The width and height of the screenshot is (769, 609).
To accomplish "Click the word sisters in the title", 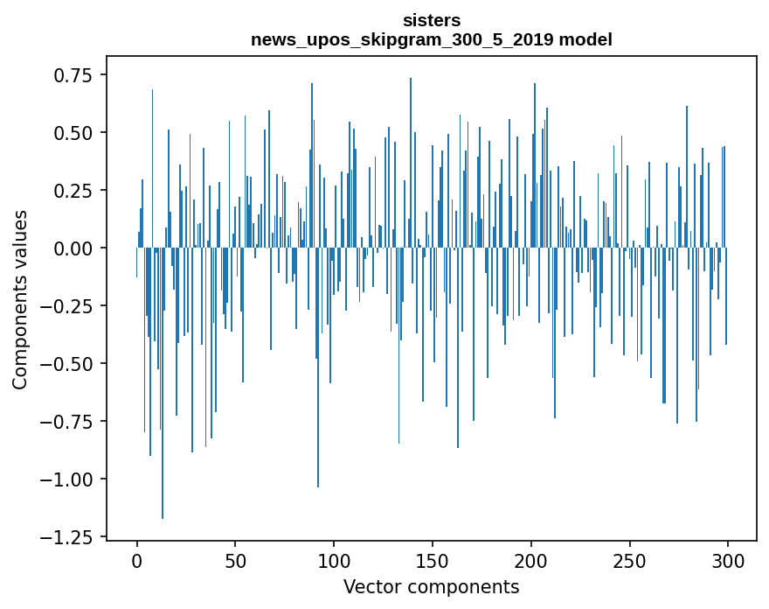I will click(x=432, y=19).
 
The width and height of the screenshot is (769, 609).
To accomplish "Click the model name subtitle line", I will click(x=432, y=39).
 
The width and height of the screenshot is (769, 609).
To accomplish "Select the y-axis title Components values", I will click(x=19, y=299).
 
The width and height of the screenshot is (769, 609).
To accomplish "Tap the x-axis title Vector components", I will click(x=432, y=587).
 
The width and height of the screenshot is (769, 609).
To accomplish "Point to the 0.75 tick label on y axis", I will click(x=67, y=76).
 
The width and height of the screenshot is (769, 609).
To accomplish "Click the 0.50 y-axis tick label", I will click(x=67, y=133).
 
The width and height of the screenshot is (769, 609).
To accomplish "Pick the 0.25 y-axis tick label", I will click(x=67, y=191).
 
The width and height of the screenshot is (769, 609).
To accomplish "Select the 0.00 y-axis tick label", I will click(x=67, y=248).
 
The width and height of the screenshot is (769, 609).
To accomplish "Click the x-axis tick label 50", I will click(x=235, y=561).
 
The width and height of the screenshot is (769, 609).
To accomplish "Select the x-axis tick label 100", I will click(x=334, y=561).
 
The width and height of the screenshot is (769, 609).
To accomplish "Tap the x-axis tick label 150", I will click(x=433, y=561).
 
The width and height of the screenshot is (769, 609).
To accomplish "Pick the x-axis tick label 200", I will click(x=531, y=561).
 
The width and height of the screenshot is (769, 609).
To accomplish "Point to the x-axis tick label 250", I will click(x=630, y=561).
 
